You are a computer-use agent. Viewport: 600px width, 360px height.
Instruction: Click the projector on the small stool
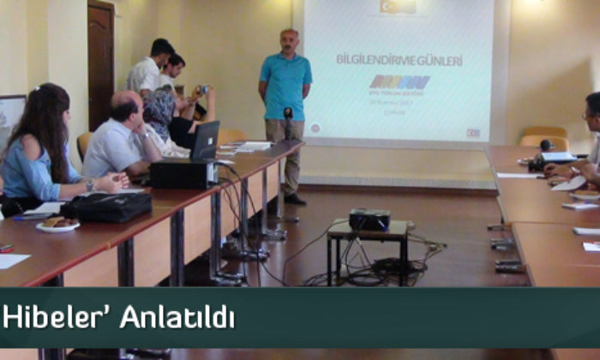[x=369, y=219]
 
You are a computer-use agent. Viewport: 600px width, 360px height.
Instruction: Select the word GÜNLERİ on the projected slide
[x=443, y=60]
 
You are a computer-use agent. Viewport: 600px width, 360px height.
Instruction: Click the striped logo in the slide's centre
[x=399, y=83]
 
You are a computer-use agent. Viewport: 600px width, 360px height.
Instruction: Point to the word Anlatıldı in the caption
[x=177, y=316]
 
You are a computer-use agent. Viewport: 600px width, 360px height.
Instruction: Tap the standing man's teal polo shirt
[x=285, y=86]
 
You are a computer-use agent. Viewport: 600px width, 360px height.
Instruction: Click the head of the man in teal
[x=290, y=41]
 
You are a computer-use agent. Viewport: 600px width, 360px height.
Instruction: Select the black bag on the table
[x=107, y=207]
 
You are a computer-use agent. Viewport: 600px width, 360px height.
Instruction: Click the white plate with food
[x=57, y=225]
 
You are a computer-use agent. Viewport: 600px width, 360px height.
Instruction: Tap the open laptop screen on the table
[x=206, y=140]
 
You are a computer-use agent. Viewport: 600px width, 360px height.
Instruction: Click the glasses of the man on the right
[x=589, y=114]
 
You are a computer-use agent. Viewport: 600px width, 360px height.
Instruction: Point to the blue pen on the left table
[x=29, y=218]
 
